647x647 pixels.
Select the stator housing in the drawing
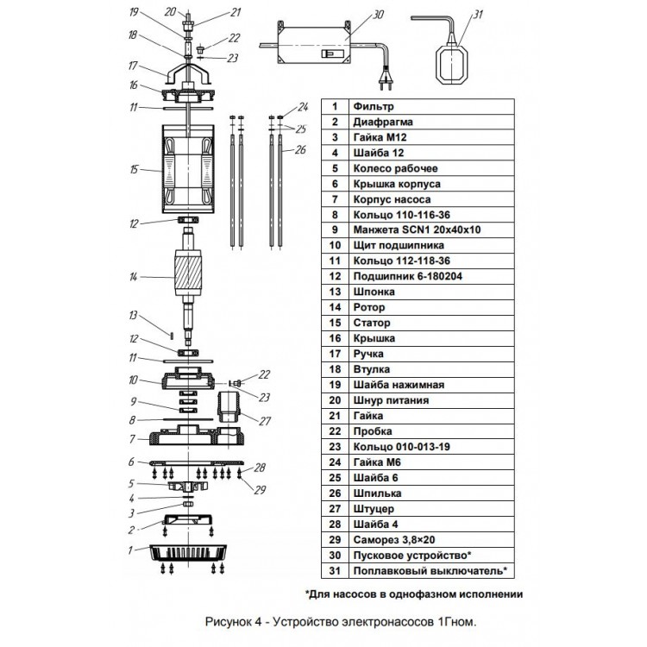[x=188, y=169]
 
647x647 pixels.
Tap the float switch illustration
[x=452, y=61]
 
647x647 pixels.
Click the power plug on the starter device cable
[x=386, y=80]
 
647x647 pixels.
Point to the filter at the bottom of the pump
[x=188, y=553]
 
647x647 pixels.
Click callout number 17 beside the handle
[x=133, y=66]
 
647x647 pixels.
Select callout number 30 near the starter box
[x=378, y=15]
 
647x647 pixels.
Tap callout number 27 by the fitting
[x=265, y=421]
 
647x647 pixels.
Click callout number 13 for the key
[x=133, y=315]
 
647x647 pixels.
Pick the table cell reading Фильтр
[x=431, y=106]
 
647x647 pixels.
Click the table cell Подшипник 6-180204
[x=431, y=276]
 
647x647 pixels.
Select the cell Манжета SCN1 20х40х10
[x=431, y=229]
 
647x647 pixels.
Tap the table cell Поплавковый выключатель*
[x=431, y=571]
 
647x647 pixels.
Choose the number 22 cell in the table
[x=335, y=431]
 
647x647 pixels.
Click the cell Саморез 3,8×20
[x=431, y=540]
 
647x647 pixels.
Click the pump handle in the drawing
[x=189, y=73]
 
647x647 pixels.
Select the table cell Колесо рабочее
[x=431, y=168]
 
